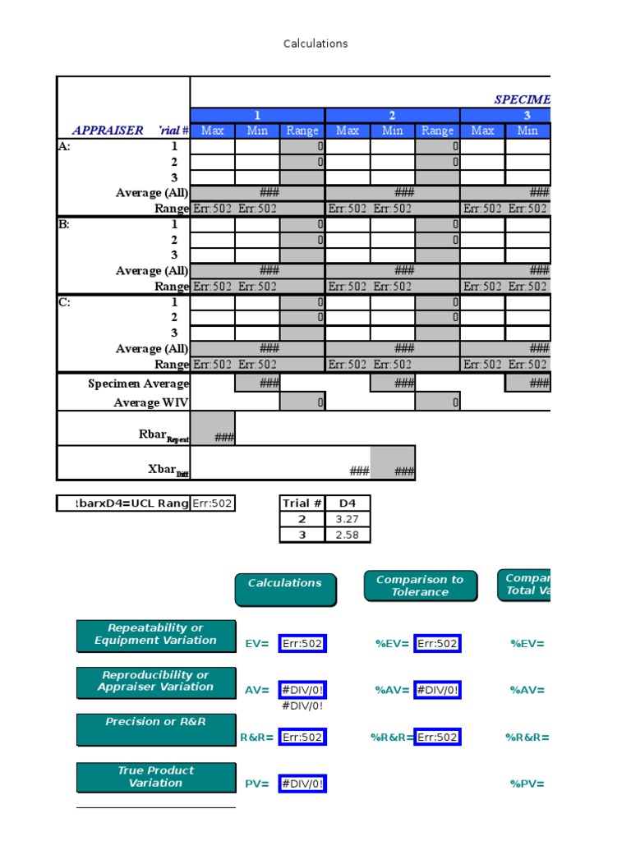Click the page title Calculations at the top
pos(315,44)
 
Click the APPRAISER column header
pos(108,131)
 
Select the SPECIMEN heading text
pos(522,99)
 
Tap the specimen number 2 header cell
pos(393,115)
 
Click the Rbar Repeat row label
pos(164,434)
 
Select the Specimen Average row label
pos(138,384)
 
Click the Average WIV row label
pos(151,402)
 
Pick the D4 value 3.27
pos(348,519)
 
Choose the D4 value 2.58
pos(348,535)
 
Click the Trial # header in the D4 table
pos(302,503)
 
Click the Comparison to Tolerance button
pos(420,586)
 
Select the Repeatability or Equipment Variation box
pos(156,635)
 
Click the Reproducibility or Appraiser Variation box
pos(156,682)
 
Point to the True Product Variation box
pos(156,777)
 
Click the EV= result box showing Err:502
pos(302,644)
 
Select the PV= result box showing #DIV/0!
pos(302,784)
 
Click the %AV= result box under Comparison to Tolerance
pos(437,691)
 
